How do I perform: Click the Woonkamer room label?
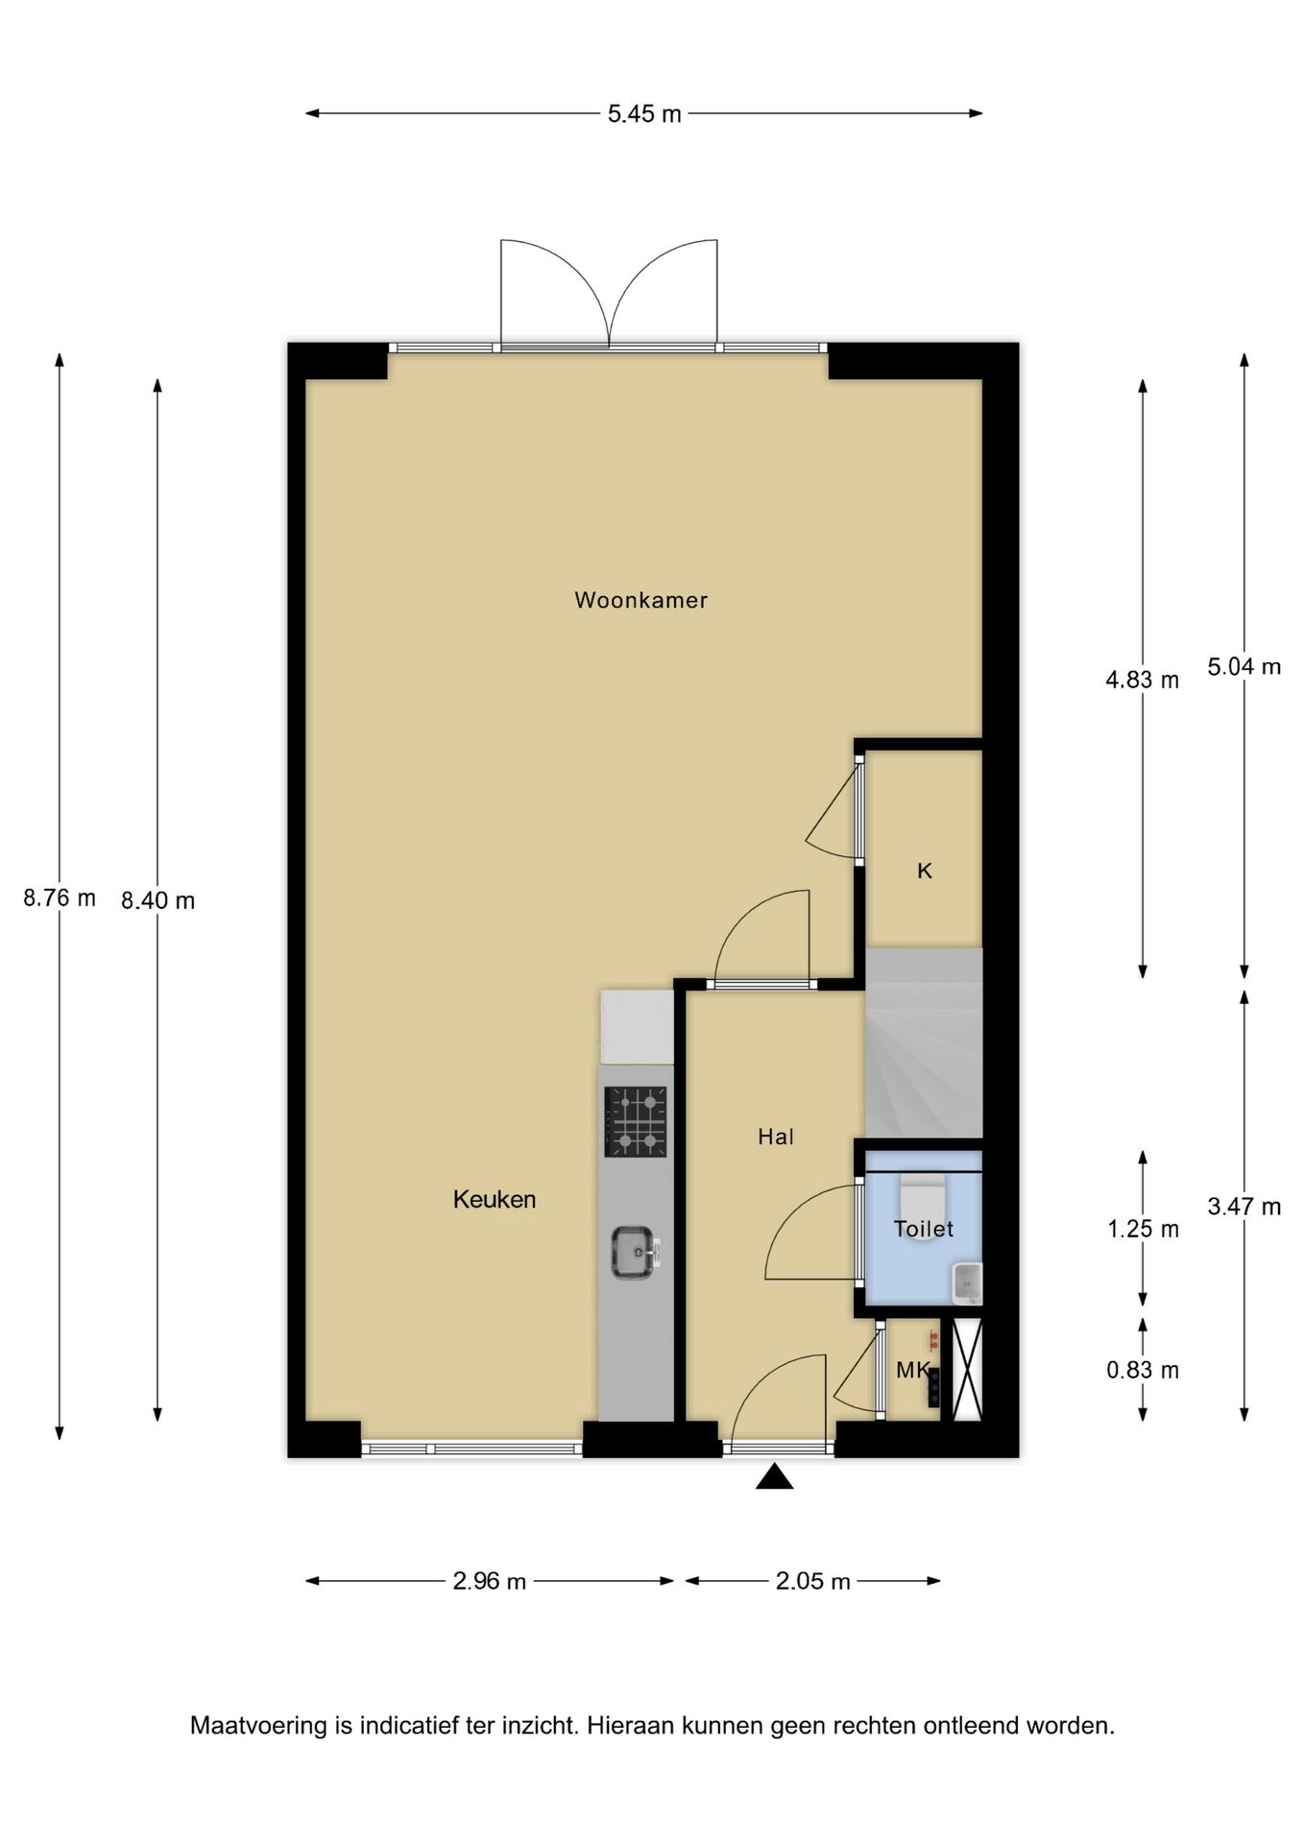tap(640, 600)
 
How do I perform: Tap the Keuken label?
tap(495, 1199)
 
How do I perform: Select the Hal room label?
tap(775, 1137)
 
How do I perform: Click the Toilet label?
tap(923, 1229)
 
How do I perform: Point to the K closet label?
tap(925, 871)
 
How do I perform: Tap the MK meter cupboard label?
tap(912, 1370)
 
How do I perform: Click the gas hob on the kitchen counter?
tap(635, 1121)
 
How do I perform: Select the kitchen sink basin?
tap(633, 1253)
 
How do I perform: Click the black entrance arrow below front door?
tap(774, 1477)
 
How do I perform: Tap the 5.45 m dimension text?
tap(644, 114)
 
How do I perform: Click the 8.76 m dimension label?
tap(60, 898)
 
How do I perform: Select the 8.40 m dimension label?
tap(157, 900)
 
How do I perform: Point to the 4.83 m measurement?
tap(1142, 681)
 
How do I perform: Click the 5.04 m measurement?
tap(1244, 666)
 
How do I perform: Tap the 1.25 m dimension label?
tap(1142, 1229)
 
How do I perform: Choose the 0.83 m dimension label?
tap(1142, 1370)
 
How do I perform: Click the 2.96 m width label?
tap(489, 1581)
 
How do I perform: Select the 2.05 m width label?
tap(812, 1581)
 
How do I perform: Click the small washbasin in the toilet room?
tap(967, 1283)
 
